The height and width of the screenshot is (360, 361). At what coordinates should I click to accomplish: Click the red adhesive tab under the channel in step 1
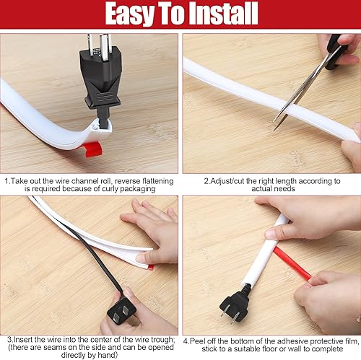pyautogui.click(x=93, y=149)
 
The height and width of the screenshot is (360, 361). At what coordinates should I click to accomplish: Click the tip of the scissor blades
pyautogui.click(x=274, y=130)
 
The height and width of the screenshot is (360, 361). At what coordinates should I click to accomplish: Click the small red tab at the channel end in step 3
pyautogui.click(x=151, y=267)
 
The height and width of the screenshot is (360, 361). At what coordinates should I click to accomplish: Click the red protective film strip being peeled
pyautogui.click(x=294, y=265)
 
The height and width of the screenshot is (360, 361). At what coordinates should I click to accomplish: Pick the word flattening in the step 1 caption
pyautogui.click(x=158, y=181)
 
